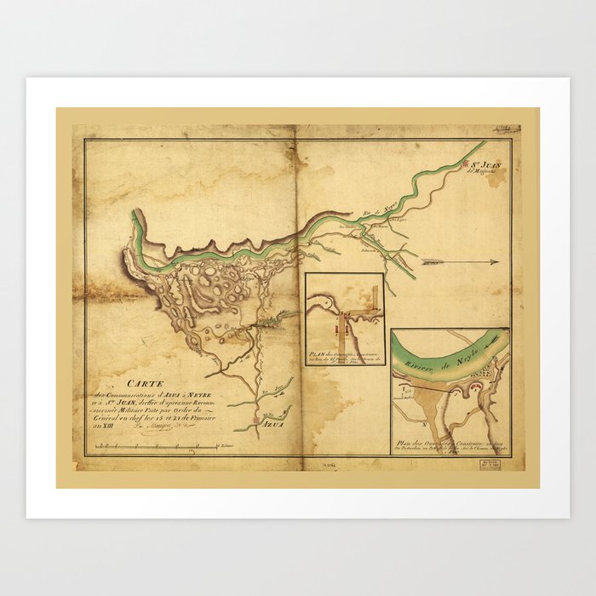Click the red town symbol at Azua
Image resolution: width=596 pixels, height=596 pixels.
255,421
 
